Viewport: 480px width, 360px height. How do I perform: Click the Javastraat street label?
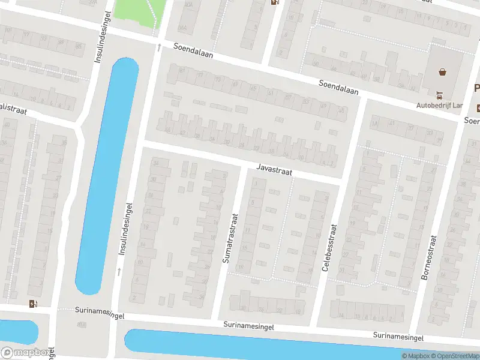(274, 170)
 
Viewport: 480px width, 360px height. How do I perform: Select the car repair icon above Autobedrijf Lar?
(439, 94)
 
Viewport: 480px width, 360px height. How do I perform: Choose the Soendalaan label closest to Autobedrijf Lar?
(338, 88)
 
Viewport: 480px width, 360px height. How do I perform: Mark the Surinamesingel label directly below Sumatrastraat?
(248, 326)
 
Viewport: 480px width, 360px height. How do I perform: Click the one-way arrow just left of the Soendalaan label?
(159, 46)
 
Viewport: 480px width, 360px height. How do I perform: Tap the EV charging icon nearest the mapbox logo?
(31, 304)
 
